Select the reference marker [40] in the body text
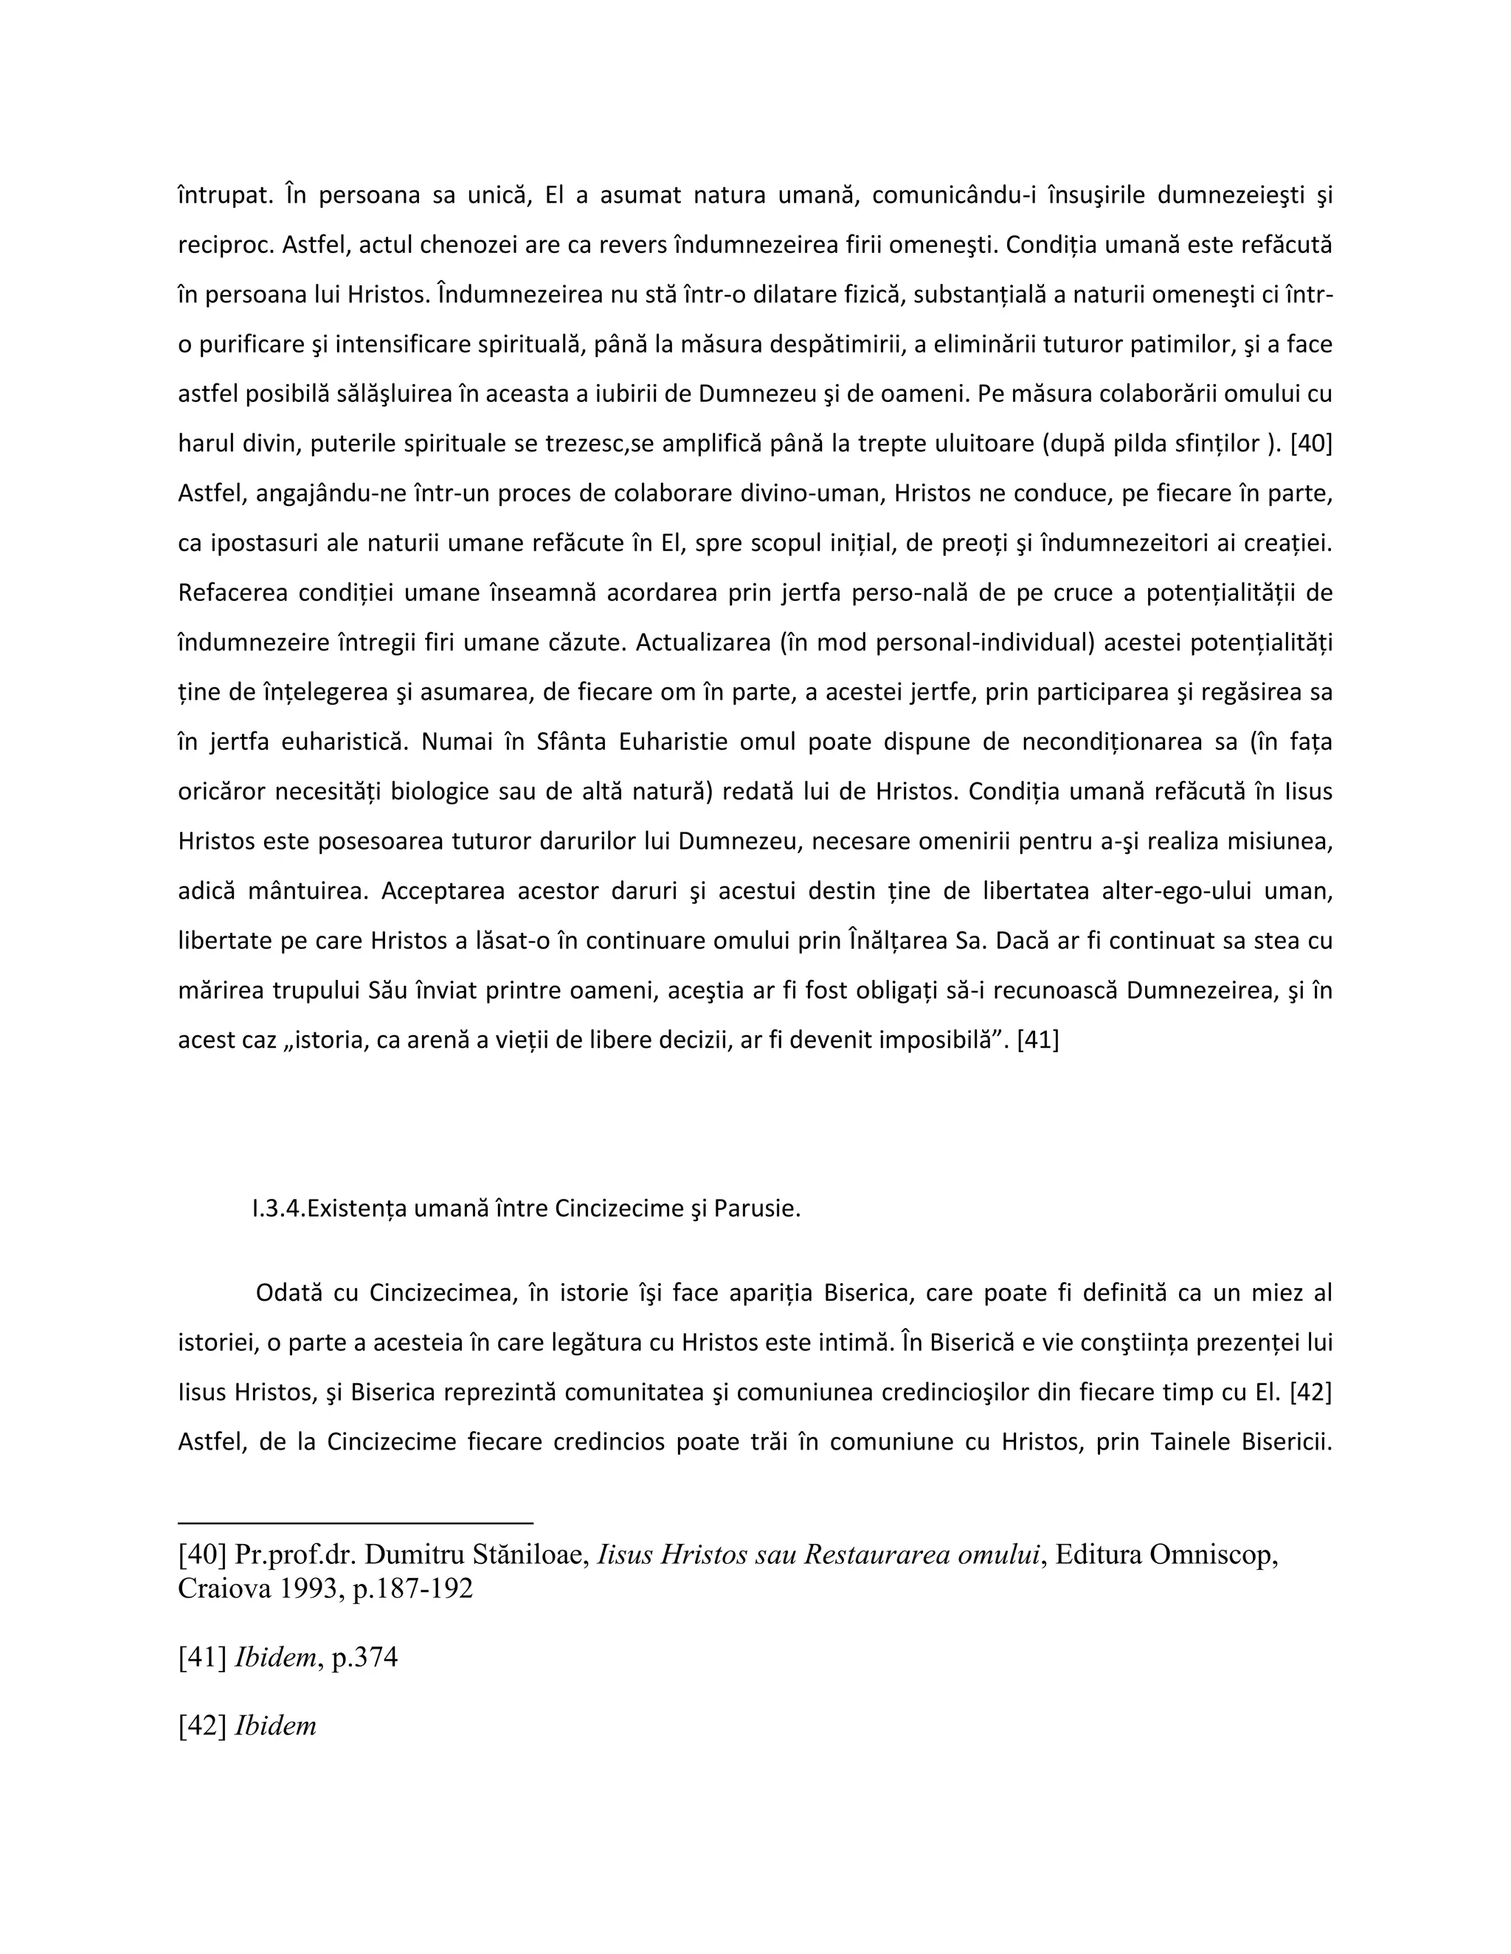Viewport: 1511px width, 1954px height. point(1310,444)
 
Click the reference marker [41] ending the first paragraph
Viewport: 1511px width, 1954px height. point(1037,1040)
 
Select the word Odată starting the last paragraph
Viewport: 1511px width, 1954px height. point(288,1293)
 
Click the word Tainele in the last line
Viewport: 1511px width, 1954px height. point(1189,1442)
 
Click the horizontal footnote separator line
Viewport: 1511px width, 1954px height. point(356,1522)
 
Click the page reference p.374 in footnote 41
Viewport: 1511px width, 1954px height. point(364,1657)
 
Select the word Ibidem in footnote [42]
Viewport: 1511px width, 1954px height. point(274,1725)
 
